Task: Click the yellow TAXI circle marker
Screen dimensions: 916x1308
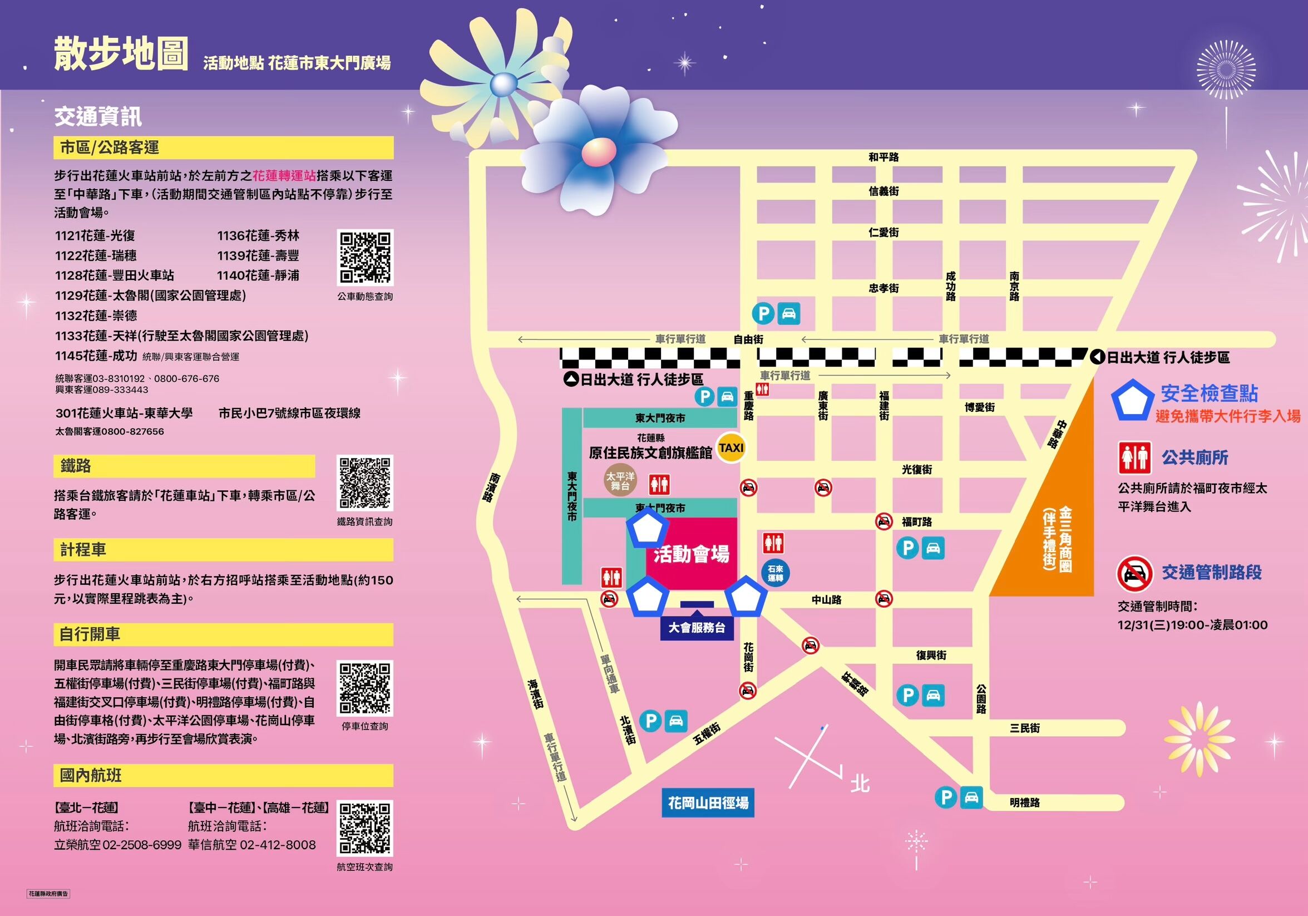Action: click(732, 448)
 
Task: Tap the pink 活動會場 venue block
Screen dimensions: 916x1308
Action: click(691, 554)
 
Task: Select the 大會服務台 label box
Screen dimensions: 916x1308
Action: click(697, 628)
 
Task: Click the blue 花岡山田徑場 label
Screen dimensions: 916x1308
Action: click(708, 802)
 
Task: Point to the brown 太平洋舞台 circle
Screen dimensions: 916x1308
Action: click(620, 480)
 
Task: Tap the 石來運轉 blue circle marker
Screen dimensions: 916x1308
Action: click(776, 573)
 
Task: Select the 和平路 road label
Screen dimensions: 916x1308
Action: click(883, 157)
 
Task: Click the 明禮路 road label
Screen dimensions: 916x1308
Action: click(1024, 802)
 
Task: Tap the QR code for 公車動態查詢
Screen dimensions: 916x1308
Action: click(365, 258)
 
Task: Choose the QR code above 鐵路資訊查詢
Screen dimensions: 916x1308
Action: click(365, 483)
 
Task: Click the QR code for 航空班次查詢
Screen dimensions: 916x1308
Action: click(365, 828)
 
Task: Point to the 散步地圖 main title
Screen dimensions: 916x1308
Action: click(121, 55)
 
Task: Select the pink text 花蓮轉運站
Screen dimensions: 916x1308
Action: click(284, 175)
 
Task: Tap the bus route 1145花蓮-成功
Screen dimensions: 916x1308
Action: click(96, 356)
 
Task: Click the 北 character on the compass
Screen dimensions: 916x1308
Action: click(860, 784)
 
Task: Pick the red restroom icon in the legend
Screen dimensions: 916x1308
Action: click(1134, 457)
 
